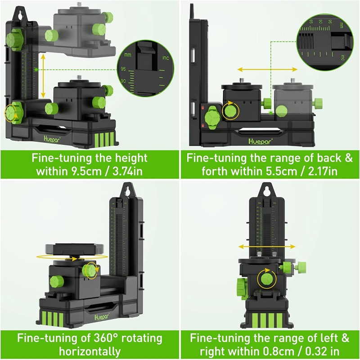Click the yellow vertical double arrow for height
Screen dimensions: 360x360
pyautogui.click(x=43, y=76)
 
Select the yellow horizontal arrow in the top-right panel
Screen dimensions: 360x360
pyautogui.click(x=267, y=69)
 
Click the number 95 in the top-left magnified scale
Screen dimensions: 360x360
pyautogui.click(x=123, y=69)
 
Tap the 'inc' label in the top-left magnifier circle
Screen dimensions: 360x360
pyautogui.click(x=165, y=58)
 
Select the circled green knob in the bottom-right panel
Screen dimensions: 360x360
pyautogui.click(x=266, y=279)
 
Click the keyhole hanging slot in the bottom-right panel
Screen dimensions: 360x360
pyautogui.click(x=266, y=191)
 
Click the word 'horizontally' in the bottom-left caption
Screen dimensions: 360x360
pyautogui.click(x=92, y=351)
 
